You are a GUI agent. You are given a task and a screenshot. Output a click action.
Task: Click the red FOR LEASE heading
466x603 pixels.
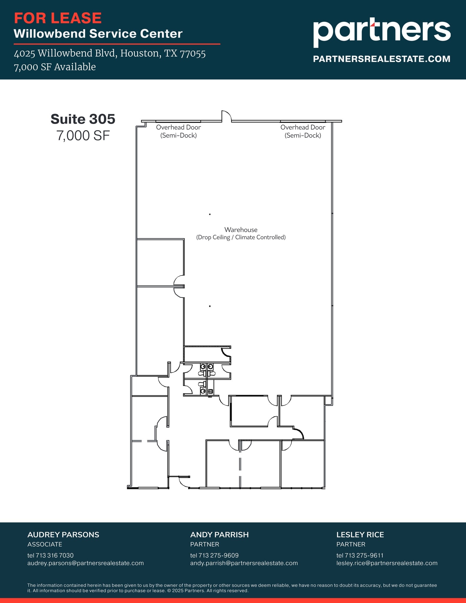tap(58, 18)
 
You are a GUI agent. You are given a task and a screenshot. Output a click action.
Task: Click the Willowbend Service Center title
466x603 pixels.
tap(98, 34)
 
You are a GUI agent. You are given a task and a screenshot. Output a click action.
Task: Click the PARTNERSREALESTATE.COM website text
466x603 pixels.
tap(382, 59)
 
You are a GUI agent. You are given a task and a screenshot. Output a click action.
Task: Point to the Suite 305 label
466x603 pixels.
tap(83, 119)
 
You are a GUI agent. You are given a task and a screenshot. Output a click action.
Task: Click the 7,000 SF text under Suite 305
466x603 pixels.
tap(83, 136)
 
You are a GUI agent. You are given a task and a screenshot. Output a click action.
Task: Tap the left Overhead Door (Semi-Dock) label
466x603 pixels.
tap(178, 131)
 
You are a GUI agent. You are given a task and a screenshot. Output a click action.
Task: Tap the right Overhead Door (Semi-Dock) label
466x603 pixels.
tap(303, 131)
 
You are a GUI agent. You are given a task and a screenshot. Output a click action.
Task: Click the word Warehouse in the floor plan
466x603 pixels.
tap(241, 230)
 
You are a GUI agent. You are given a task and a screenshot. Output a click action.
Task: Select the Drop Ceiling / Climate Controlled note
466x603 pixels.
tap(241, 237)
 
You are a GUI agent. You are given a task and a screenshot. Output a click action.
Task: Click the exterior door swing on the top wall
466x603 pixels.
tap(226, 116)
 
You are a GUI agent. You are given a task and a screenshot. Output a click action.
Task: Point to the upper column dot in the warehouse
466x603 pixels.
tap(210, 214)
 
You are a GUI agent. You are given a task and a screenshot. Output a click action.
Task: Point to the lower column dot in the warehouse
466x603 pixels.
tap(210, 306)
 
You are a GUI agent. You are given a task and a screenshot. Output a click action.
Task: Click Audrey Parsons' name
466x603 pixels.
tap(63, 535)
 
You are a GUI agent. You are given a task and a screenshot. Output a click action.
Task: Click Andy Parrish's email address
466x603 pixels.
tap(244, 563)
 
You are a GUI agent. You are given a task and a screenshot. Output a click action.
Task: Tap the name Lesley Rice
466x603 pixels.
tap(360, 535)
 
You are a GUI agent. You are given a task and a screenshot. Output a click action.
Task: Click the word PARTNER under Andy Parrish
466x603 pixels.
tap(205, 544)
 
